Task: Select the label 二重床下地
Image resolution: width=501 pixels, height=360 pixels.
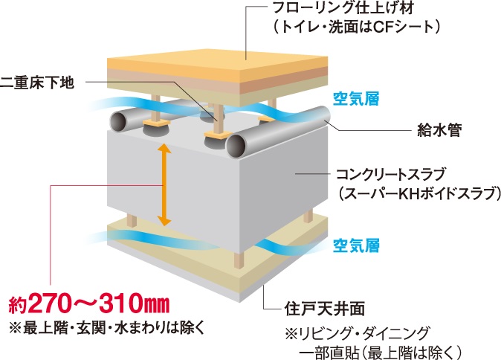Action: pyautogui.click(x=38, y=82)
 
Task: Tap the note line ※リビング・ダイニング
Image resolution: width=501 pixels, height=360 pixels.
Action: pyautogui.click(x=349, y=330)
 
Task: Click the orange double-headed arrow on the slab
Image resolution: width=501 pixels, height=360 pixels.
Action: pyautogui.click(x=164, y=185)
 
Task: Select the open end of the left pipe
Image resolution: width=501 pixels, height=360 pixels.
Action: pyautogui.click(x=119, y=120)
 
